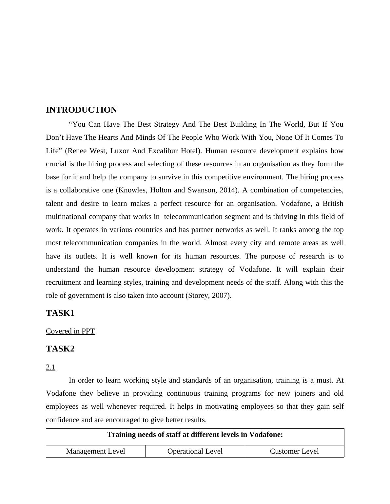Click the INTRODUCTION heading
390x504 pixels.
pyautogui.click(x=81, y=110)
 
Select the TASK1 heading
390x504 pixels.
pyautogui.click(x=60, y=313)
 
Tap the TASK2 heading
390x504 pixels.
pyautogui.click(x=60, y=349)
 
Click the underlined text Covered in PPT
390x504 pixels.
pyautogui.click(x=70, y=331)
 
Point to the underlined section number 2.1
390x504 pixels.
pyautogui.click(x=50, y=367)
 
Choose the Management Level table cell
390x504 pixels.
pyautogui.click(x=95, y=451)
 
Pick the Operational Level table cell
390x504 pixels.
pyautogui.click(x=195, y=451)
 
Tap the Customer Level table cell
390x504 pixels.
pyautogui.click(x=294, y=451)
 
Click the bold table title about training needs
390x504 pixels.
pyautogui.click(x=195, y=435)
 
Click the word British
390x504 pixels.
pyautogui.click(x=333, y=204)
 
